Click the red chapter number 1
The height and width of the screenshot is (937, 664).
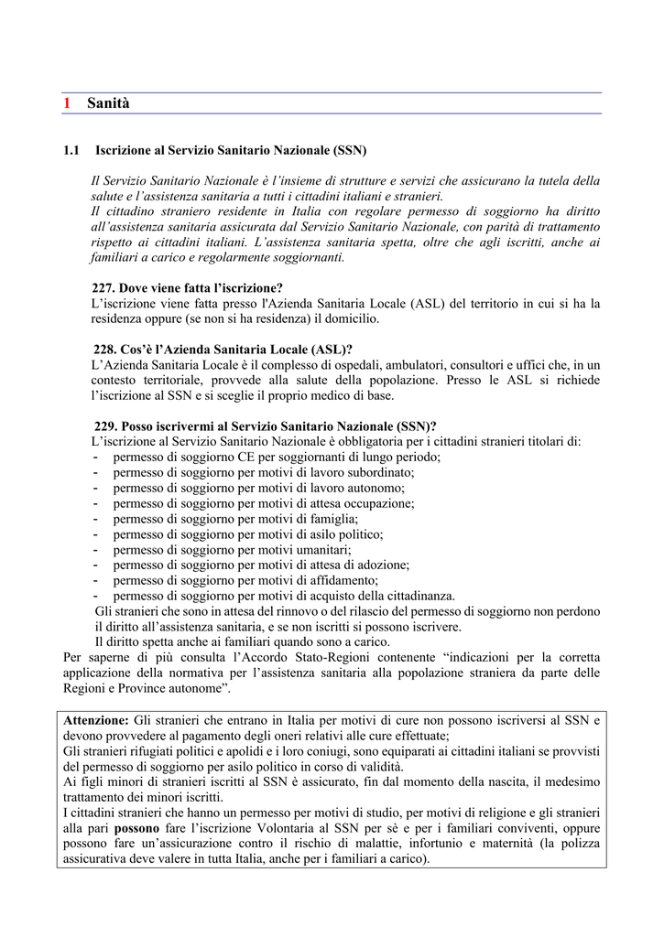click(x=67, y=103)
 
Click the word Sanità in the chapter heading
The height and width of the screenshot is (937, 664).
click(x=109, y=103)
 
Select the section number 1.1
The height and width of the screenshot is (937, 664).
click(x=72, y=149)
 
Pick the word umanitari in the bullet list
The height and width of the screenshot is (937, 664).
click(x=321, y=550)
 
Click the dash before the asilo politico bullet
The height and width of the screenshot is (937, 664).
click(x=95, y=534)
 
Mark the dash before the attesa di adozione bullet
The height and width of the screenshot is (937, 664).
click(x=95, y=565)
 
